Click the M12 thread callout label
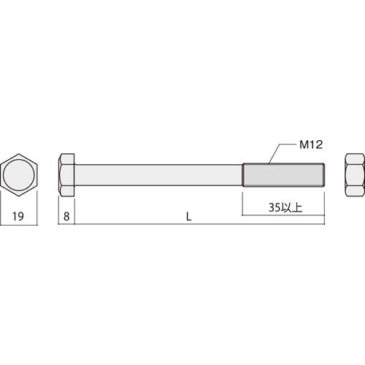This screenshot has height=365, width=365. [311, 145]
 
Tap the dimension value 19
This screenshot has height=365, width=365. [18, 216]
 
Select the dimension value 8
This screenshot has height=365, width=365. [66, 216]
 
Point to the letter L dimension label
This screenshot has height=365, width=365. [189, 217]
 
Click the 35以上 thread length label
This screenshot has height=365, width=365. [285, 207]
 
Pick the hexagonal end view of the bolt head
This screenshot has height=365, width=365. [19, 174]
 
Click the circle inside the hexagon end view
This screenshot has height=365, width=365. [19, 174]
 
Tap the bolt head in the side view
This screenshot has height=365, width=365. [66, 174]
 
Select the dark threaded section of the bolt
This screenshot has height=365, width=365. [283, 175]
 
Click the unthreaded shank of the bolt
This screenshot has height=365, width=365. [158, 175]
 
